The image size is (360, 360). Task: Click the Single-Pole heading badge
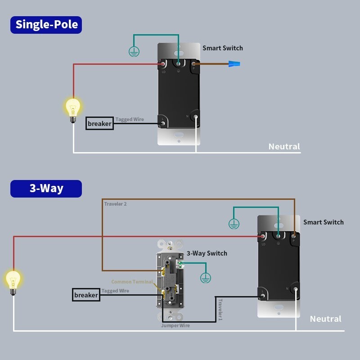pos(46,24)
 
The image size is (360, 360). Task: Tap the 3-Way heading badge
pos(46,189)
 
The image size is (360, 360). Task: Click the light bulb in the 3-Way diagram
pos(13,282)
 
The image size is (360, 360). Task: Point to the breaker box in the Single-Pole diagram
pos(99,123)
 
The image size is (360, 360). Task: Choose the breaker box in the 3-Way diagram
pos(86,295)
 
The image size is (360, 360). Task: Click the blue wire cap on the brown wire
pos(234,64)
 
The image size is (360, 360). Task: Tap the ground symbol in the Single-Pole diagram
pos(133,52)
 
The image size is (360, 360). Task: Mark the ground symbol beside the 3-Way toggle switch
pos(205,278)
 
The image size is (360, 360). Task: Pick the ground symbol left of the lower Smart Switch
pos(233,223)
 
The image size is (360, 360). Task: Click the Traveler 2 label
pos(115,204)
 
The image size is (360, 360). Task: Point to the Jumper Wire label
pos(175,325)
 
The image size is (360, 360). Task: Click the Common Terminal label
pos(132,282)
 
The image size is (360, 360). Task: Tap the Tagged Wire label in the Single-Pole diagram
pos(130,119)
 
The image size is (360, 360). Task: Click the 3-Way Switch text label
pos(207,253)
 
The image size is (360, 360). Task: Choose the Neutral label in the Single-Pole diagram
pos(284,146)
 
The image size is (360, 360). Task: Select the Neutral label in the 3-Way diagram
pos(325,319)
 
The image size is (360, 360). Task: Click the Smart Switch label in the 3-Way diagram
pos(323,222)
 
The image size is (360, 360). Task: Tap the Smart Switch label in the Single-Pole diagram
pos(222,48)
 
